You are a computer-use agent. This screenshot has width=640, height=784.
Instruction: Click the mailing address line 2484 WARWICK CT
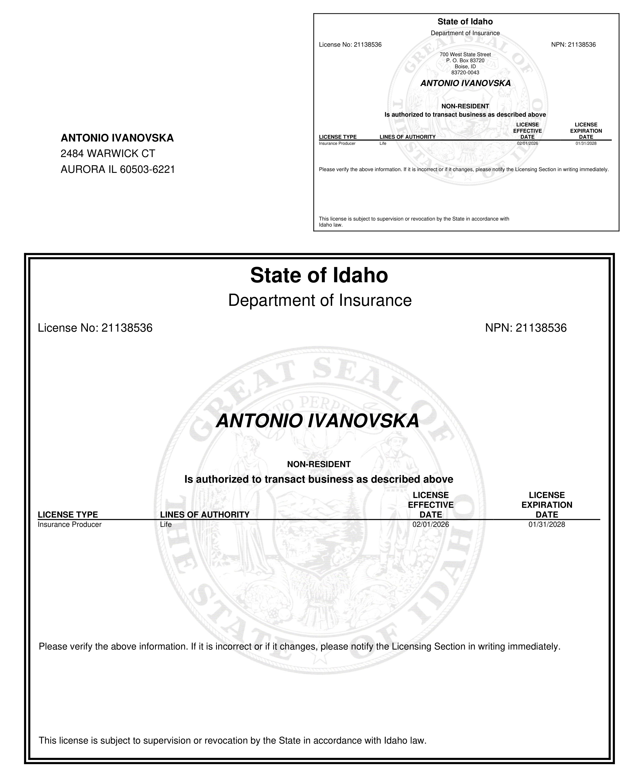108,153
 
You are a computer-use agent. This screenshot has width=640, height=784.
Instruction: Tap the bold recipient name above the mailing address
117,138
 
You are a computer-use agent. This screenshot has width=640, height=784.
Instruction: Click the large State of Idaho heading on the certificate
319,275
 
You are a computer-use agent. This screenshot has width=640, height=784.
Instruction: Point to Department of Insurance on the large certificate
320,300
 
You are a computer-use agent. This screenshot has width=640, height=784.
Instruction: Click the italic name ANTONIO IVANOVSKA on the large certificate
317,421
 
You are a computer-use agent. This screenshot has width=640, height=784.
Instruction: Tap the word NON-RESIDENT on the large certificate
318,464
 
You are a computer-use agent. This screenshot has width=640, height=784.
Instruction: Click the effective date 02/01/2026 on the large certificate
431,524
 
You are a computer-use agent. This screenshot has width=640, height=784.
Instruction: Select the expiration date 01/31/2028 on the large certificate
546,524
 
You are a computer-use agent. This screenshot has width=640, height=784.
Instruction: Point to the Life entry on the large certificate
166,524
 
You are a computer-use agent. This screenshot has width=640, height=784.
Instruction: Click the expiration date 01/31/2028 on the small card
586,143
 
